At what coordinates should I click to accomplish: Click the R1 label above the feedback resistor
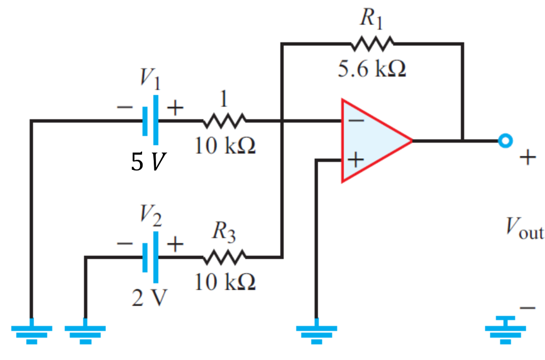tap(371, 19)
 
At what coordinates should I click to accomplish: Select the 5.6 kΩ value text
tap(372, 69)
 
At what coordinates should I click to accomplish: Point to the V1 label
tap(151, 79)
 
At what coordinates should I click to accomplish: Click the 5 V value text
tap(147, 163)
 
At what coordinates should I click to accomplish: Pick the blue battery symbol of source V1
tap(150, 120)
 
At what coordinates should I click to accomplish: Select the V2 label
tap(151, 216)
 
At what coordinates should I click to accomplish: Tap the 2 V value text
tap(150, 299)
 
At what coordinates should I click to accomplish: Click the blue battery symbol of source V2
tap(150, 257)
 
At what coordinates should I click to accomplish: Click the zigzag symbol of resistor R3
tap(224, 257)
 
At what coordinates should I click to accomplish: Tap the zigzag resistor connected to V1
tap(224, 121)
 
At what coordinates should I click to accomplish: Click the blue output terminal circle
tap(505, 141)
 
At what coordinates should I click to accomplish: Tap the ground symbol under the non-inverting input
tap(316, 333)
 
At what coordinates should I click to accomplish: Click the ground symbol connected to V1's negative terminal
tap(32, 333)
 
